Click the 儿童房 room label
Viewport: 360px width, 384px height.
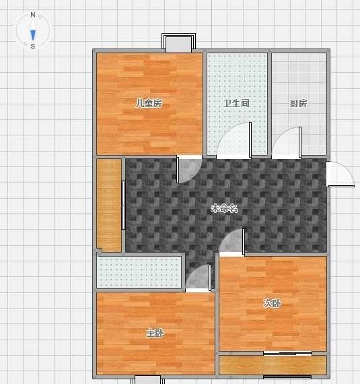(149, 103)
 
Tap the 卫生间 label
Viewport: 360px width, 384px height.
(236, 103)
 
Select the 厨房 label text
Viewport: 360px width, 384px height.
(299, 103)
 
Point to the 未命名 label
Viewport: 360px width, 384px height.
(224, 208)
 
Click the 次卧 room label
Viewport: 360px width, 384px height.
(272, 303)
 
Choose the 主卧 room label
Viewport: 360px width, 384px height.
(155, 333)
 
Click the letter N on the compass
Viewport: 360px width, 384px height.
(33, 15)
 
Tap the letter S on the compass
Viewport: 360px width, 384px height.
(33, 46)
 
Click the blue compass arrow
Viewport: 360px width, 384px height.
(33, 35)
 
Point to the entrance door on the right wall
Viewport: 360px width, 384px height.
(340, 174)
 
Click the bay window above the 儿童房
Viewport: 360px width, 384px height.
(178, 43)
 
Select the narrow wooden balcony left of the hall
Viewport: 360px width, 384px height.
(109, 205)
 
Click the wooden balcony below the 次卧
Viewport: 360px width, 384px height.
(273, 365)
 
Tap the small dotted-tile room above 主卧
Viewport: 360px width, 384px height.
(139, 272)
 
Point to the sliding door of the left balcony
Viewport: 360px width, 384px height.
(124, 205)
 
